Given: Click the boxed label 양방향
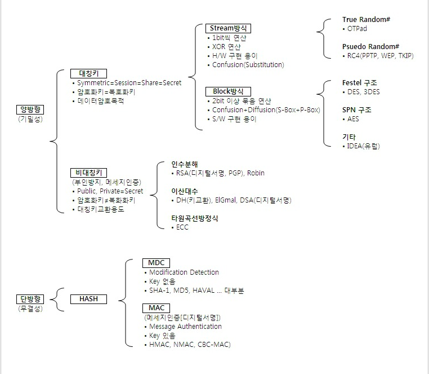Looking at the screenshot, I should pos(30,110).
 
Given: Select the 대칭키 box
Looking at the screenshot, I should pos(88,73).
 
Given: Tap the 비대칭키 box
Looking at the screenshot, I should pos(89,173).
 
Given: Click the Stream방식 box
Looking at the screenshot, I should pos(228,28).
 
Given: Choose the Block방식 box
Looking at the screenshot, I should pos(228,91).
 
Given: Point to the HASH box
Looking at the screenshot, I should pos(88,299).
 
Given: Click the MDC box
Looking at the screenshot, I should pos(155,263).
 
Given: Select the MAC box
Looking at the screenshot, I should pos(155,308).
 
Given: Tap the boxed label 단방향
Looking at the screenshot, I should pos(30,300).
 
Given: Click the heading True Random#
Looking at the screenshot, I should pos(366,20).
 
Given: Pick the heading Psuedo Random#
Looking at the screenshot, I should pos(370,46).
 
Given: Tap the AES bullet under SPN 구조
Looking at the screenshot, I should pos(352,119).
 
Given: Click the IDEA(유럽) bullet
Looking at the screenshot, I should pos(363,146).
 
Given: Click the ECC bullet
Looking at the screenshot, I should pos(182,227).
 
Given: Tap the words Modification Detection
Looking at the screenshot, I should pos(184,272).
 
